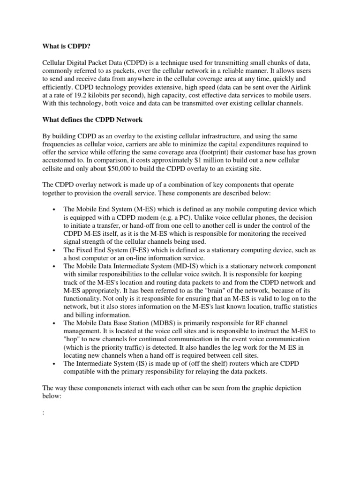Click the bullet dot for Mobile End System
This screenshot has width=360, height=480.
pyautogui.click(x=56, y=209)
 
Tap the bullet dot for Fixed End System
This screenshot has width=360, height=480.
pyautogui.click(x=56, y=250)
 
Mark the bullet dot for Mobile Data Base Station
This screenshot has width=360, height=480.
pyautogui.click(x=56, y=323)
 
